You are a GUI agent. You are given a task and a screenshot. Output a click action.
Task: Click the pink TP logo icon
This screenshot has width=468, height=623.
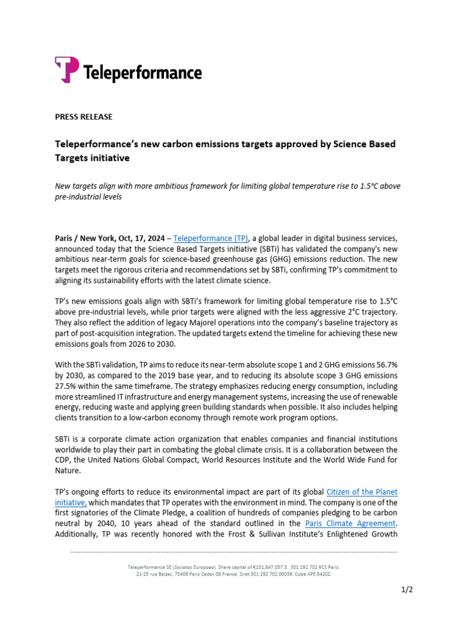tap(66, 70)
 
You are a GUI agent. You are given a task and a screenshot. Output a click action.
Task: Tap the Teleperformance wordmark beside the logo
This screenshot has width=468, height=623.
tap(142, 74)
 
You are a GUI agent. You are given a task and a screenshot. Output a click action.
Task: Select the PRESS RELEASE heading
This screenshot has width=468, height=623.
tap(83, 117)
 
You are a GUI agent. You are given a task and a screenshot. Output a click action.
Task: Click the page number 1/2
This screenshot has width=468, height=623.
tap(407, 590)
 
